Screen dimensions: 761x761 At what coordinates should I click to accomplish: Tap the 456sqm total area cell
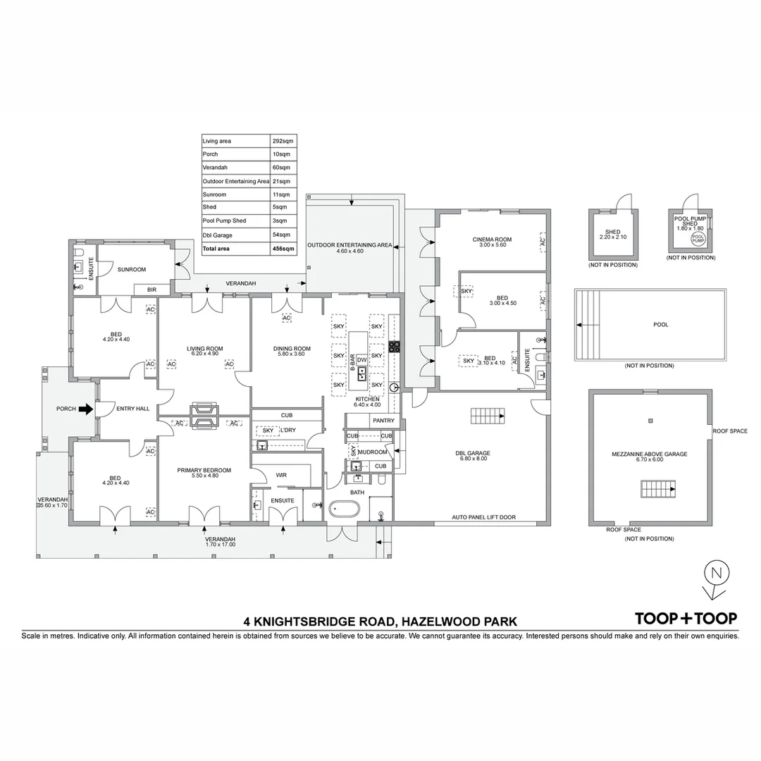pos(283,249)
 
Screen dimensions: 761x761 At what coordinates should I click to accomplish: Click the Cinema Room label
pos(492,240)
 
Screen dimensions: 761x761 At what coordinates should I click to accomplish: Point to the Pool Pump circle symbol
pos(697,240)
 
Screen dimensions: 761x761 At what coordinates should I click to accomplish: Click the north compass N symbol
pos(716,573)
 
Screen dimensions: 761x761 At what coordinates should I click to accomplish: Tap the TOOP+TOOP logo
pos(686,618)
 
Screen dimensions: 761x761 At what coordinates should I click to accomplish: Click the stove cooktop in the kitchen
pos(395,346)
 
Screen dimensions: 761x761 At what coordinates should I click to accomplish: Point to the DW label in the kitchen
pos(361,359)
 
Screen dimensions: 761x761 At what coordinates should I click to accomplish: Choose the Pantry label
pos(383,421)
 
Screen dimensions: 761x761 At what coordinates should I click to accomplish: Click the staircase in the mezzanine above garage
pos(657,488)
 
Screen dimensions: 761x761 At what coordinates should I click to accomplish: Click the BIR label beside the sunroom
pos(151,289)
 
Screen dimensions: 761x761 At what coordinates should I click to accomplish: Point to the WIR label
pos(280,476)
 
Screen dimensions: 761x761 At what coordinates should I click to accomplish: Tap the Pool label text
pos(660,325)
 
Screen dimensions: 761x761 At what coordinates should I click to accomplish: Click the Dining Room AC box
pos(286,318)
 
